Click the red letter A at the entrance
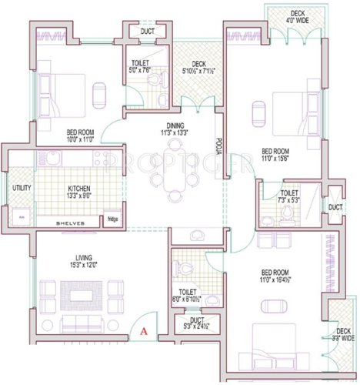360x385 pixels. click(145, 332)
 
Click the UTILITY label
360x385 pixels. click(20, 187)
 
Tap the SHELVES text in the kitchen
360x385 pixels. click(71, 223)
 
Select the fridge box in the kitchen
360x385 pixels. click(112, 220)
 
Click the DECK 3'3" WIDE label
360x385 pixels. click(343, 333)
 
